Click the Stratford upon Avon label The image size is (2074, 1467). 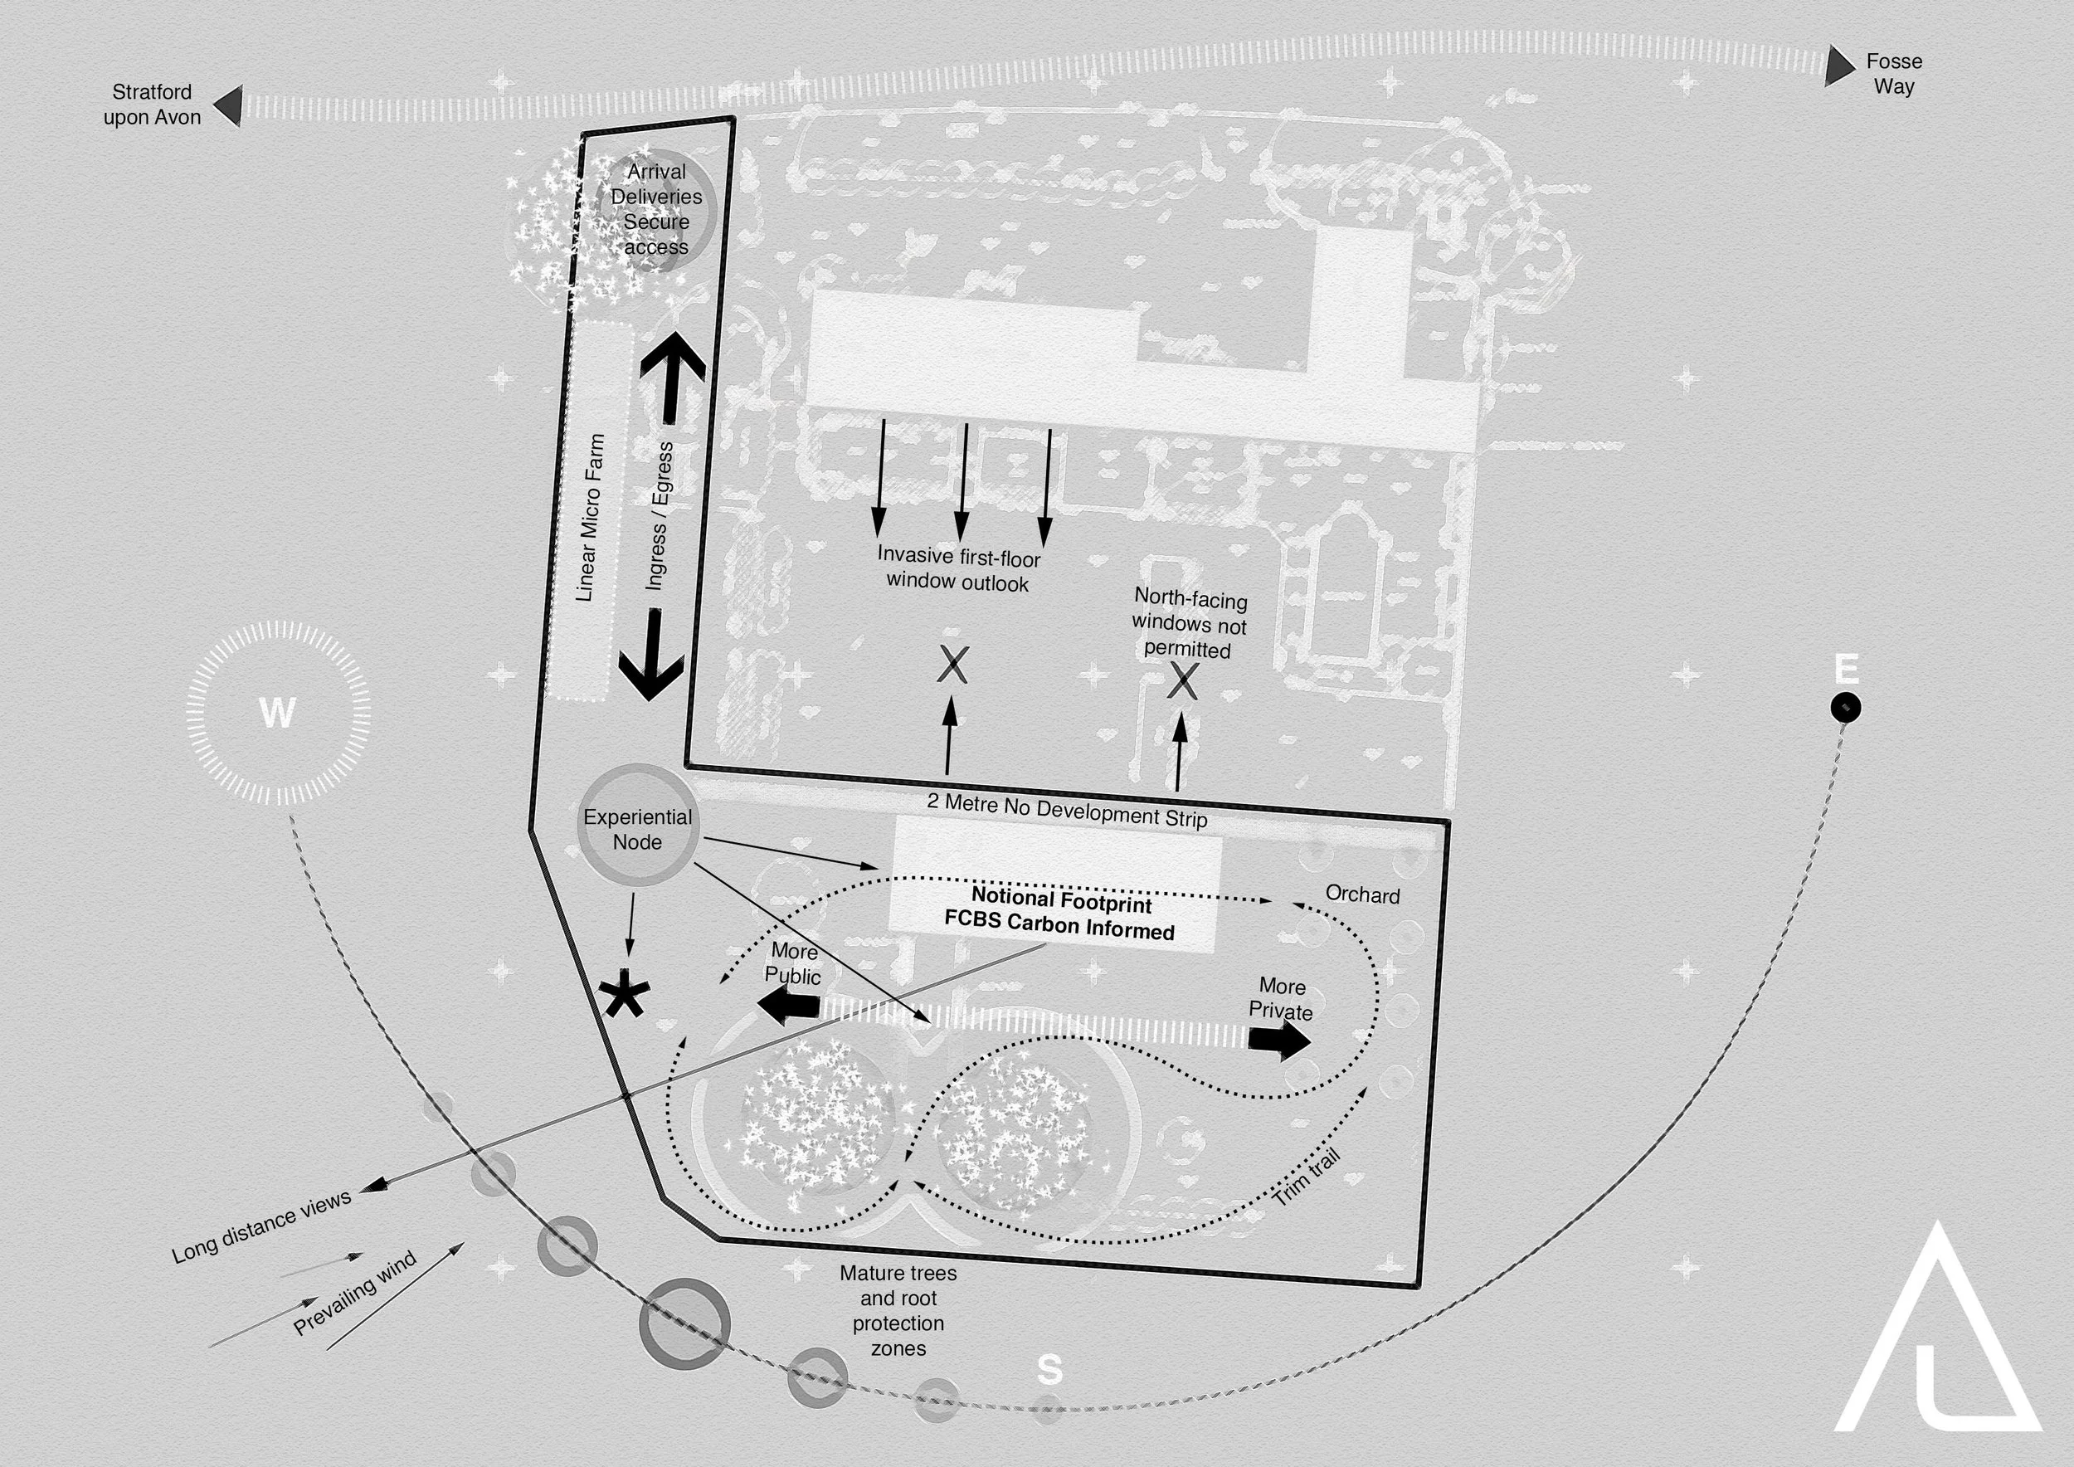tap(152, 105)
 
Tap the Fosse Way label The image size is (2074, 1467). tap(1893, 74)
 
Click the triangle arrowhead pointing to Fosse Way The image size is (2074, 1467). tap(1838, 66)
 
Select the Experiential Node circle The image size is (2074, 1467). tap(638, 825)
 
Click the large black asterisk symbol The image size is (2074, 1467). tap(624, 995)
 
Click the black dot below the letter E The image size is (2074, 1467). tap(1844, 707)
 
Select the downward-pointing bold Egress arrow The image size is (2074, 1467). tap(651, 655)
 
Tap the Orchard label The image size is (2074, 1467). tap(1362, 895)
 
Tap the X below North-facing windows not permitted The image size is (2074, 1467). tap(1182, 681)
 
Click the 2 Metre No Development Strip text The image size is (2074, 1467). tap(1067, 811)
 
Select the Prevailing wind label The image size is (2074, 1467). tap(355, 1294)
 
